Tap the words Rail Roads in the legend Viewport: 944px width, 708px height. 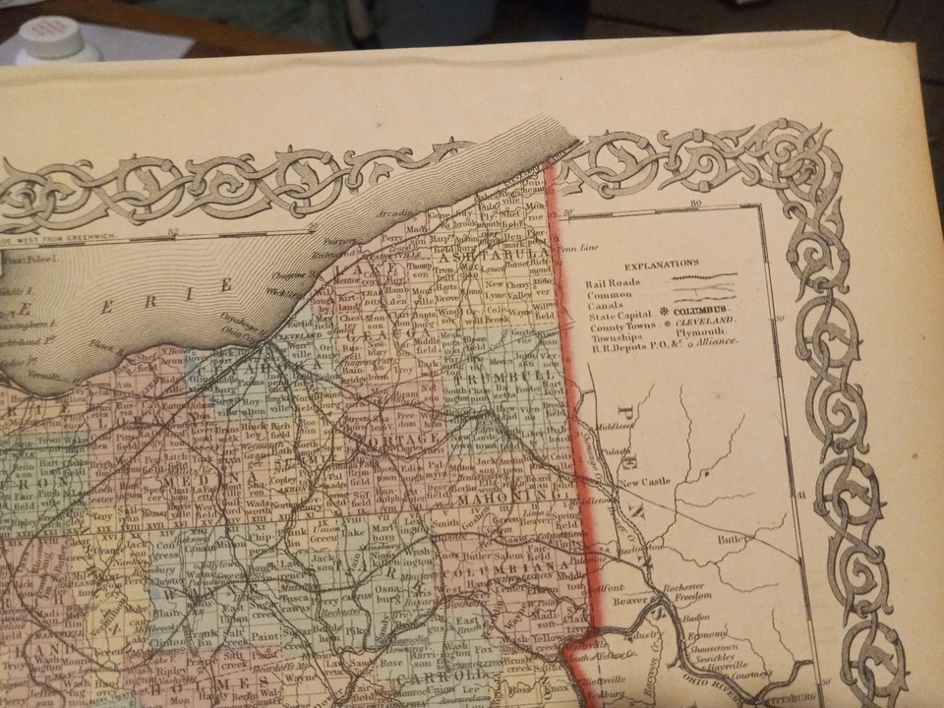point(612,283)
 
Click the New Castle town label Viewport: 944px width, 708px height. point(645,482)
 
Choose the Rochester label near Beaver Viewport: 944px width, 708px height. point(682,585)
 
